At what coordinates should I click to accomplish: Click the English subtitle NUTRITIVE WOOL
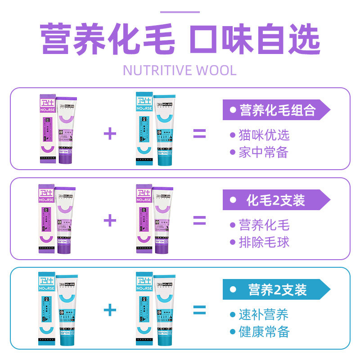tap(180, 71)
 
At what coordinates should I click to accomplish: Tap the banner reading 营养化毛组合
tap(276, 110)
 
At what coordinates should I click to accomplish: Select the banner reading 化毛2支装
tap(276, 200)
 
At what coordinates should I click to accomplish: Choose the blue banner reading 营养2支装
tap(276, 290)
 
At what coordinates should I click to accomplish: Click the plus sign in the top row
tap(110, 134)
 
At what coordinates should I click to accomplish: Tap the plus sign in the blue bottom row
tap(110, 310)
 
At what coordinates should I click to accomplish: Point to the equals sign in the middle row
tap(199, 220)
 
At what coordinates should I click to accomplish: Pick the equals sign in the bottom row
tap(199, 310)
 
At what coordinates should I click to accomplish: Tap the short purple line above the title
tap(180, 12)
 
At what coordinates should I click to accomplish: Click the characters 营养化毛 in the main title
tap(108, 40)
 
